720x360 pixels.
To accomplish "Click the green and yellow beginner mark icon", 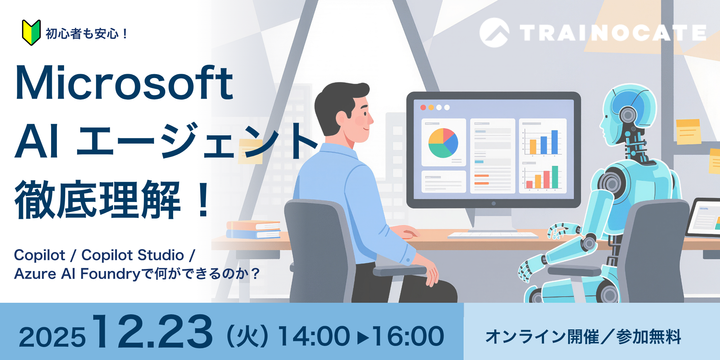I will point(31,33).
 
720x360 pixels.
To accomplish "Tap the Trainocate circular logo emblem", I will point(494,33).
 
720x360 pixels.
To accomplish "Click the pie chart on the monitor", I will point(443,143).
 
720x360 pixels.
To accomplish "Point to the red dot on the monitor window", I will point(423,108).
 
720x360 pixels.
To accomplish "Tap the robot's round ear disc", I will point(628,115).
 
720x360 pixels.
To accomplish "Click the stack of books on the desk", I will point(253,230).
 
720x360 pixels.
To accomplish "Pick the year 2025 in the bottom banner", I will point(52,338).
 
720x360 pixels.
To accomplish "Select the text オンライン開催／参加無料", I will point(583,337).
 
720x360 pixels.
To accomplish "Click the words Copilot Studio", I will point(132,255).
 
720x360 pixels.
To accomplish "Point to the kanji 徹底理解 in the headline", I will point(97,200).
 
